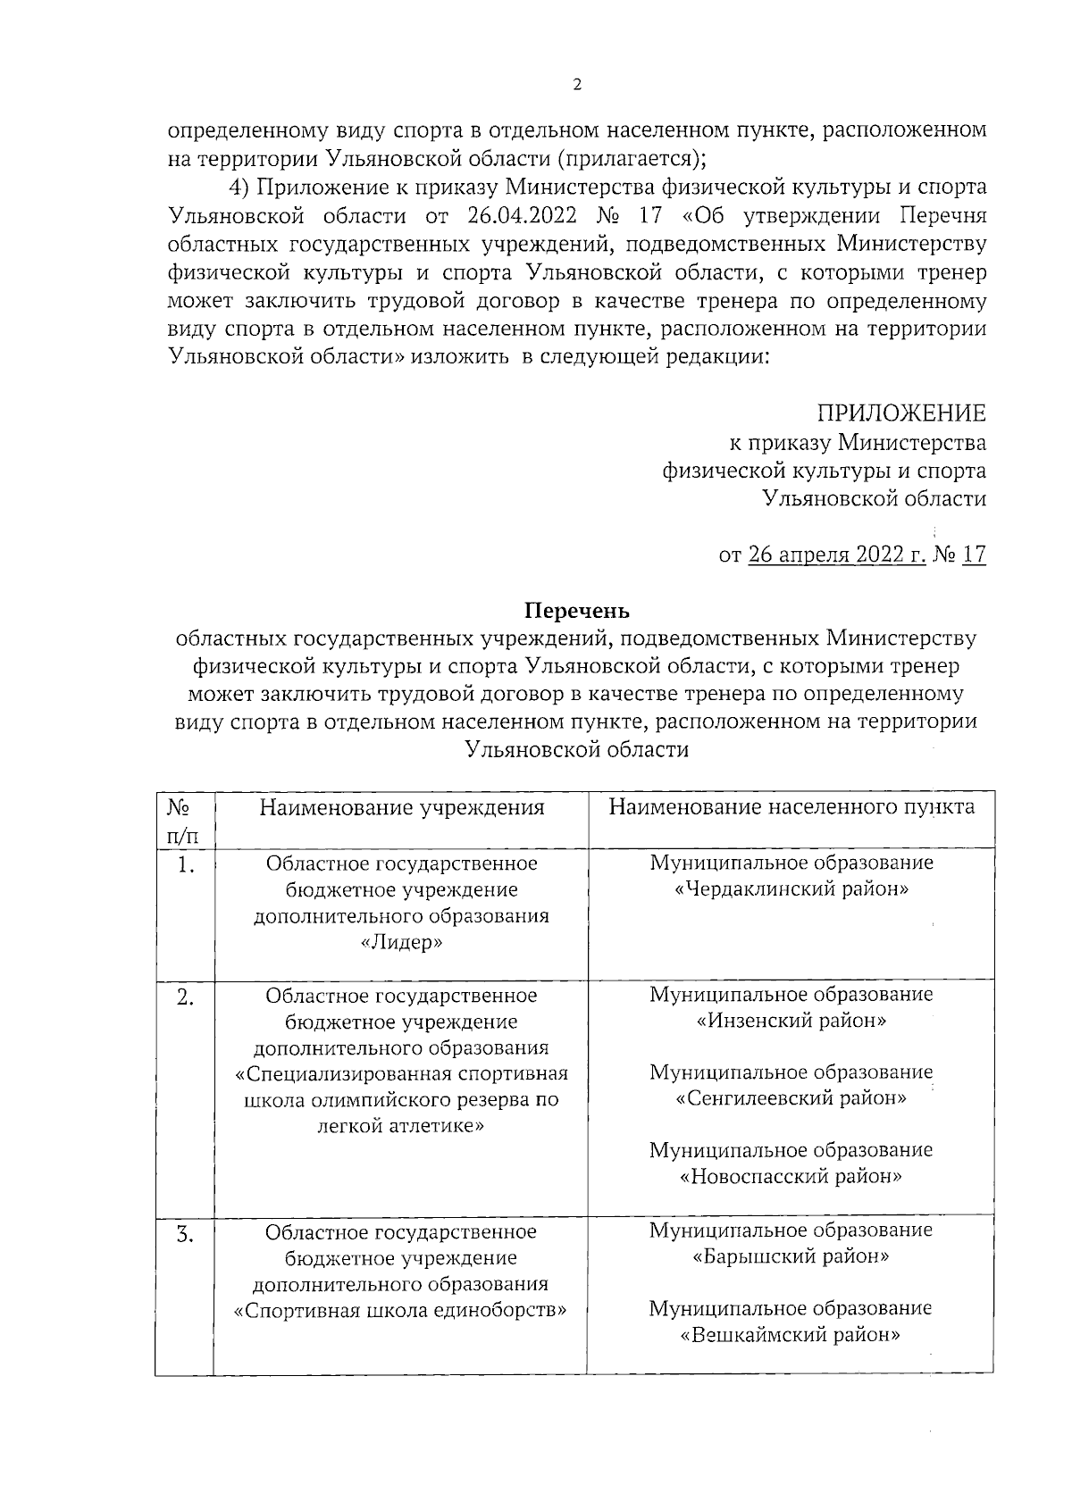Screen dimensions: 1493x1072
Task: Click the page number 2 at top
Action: pyautogui.click(x=576, y=85)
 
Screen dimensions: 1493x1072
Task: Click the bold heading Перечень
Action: pyautogui.click(x=576, y=611)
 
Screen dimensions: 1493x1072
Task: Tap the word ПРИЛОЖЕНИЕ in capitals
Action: pyautogui.click(x=901, y=413)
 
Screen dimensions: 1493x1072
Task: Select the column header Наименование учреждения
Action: pyautogui.click(x=402, y=808)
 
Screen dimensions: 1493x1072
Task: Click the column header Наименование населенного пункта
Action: pyautogui.click(x=791, y=807)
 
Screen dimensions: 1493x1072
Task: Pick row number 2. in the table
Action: pyautogui.click(x=185, y=997)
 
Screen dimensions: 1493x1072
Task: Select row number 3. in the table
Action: pyautogui.click(x=184, y=1235)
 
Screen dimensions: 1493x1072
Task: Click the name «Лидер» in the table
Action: pyautogui.click(x=402, y=943)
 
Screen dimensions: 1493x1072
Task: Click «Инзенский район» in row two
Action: pyautogui.click(x=791, y=1021)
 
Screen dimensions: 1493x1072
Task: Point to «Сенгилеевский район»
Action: pyautogui.click(x=791, y=1098)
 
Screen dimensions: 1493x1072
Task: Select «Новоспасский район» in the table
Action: pyautogui.click(x=791, y=1176)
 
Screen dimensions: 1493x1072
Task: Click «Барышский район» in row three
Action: pyautogui.click(x=791, y=1256)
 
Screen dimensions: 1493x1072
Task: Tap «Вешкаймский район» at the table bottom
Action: pyautogui.click(x=791, y=1336)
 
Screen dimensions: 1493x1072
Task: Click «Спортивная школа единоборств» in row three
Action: pyautogui.click(x=401, y=1311)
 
